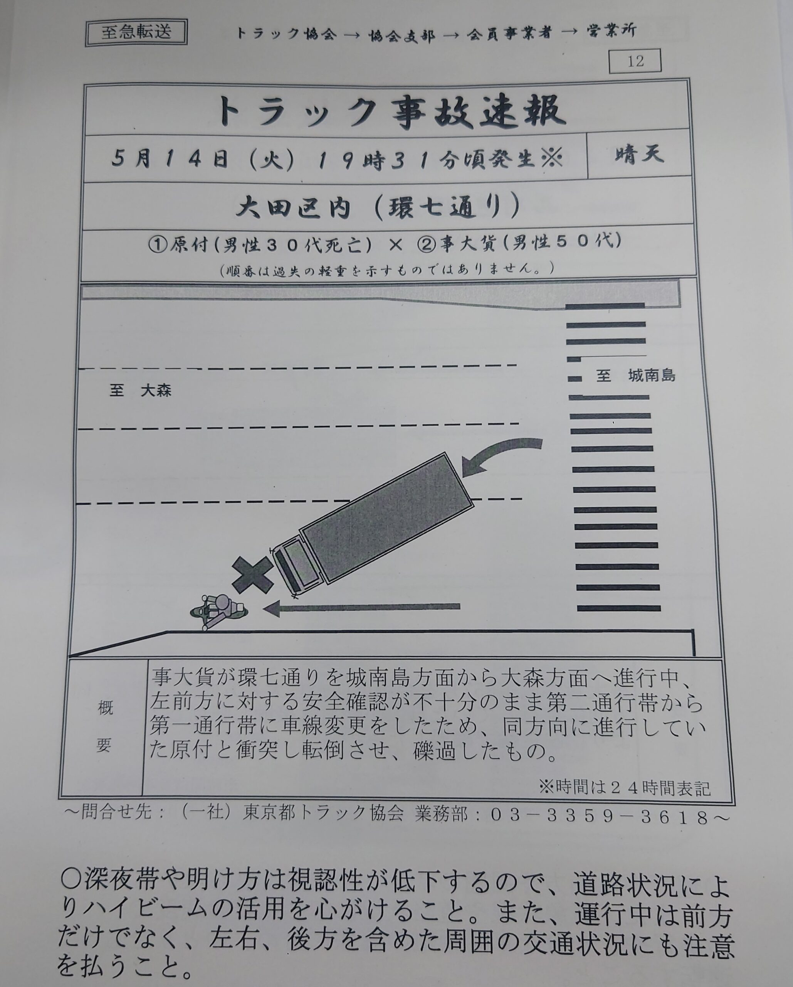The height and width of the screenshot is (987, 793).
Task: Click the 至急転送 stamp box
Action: pyautogui.click(x=136, y=32)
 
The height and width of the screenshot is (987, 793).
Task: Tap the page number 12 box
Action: pyautogui.click(x=635, y=61)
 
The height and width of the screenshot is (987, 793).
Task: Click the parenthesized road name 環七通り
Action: pyautogui.click(x=447, y=207)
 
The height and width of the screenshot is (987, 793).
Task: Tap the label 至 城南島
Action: pyautogui.click(x=635, y=376)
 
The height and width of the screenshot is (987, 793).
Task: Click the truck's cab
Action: pyautogui.click(x=295, y=566)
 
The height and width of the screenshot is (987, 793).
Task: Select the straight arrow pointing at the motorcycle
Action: pyautogui.click(x=361, y=608)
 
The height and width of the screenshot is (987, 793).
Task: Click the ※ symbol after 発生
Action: pyautogui.click(x=551, y=159)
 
